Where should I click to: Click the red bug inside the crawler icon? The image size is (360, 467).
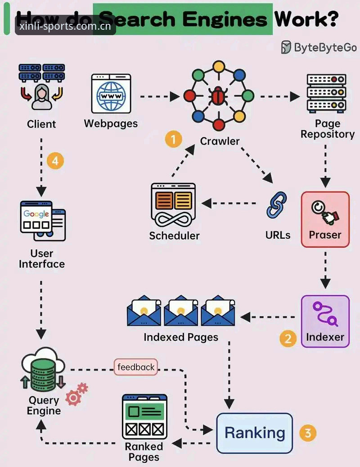click(x=219, y=96)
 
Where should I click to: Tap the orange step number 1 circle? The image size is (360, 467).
click(x=173, y=139)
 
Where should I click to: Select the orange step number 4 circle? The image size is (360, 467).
click(x=55, y=161)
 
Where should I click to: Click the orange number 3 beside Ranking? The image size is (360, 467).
click(x=308, y=433)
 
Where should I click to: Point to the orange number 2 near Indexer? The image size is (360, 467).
click(x=288, y=339)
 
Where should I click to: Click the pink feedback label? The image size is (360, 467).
click(x=135, y=367)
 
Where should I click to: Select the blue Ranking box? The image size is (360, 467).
click(x=254, y=433)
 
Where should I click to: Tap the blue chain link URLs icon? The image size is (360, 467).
click(x=277, y=205)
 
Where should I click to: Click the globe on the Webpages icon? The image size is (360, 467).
click(x=111, y=96)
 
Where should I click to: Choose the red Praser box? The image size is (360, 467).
click(x=325, y=219)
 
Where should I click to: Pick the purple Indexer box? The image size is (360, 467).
click(x=325, y=322)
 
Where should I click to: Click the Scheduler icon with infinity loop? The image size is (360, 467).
click(x=173, y=205)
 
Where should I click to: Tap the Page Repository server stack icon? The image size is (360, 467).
click(x=326, y=93)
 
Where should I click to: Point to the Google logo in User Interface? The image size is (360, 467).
click(x=36, y=213)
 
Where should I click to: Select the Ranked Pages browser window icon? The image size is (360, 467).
click(x=144, y=417)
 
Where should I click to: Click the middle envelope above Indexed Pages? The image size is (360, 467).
click(x=181, y=310)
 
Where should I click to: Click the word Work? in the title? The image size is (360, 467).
click(x=306, y=19)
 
